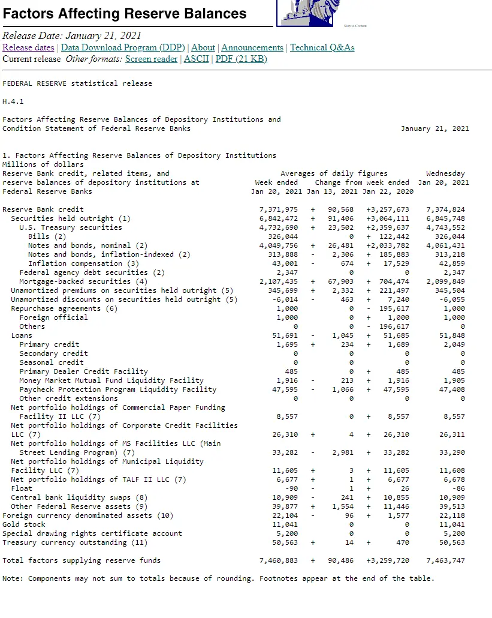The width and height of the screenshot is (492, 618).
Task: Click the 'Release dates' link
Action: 28,47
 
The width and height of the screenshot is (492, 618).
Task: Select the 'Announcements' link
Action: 252,47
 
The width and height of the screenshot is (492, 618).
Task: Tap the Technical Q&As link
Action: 322,47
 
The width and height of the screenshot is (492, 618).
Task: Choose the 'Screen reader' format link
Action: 151,59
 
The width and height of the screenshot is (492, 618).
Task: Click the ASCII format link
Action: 197,59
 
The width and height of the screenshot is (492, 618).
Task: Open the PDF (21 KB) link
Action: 241,59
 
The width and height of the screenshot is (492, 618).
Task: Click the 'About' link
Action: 203,47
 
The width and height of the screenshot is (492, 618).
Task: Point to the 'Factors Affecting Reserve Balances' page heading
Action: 125,13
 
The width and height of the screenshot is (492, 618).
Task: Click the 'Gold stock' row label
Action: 24,524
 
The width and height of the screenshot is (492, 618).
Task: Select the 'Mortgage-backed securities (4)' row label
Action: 83,281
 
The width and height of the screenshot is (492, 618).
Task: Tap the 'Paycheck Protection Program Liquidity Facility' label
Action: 117,389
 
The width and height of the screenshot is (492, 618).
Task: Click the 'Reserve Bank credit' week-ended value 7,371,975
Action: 279,209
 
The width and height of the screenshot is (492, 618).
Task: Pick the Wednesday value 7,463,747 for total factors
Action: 445,560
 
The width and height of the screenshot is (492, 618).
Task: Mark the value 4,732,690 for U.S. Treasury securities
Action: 279,227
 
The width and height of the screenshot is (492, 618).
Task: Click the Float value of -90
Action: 289,488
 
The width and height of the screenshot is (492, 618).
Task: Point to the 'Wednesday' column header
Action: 445,173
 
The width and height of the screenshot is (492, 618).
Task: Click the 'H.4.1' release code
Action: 13,101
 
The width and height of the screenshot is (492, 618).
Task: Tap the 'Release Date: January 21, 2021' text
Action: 72,35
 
